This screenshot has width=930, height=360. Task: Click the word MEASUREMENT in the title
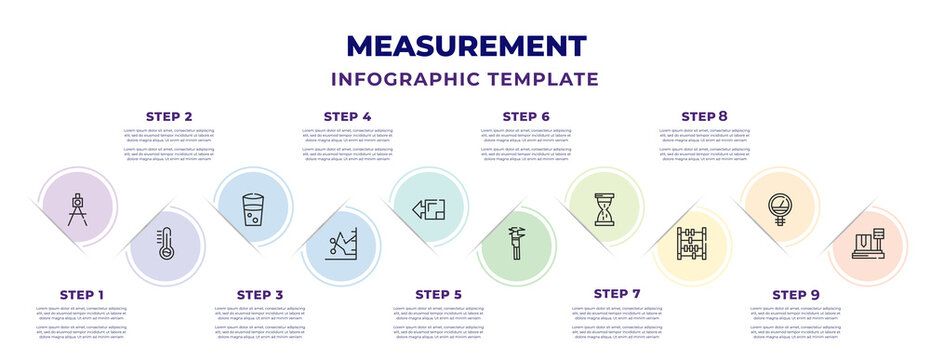coord(465,46)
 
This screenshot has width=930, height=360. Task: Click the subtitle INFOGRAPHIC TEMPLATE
coord(465,79)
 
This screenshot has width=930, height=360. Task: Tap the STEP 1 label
coord(81,295)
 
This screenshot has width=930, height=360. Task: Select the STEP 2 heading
coord(169,117)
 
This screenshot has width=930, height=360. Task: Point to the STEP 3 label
coord(259,295)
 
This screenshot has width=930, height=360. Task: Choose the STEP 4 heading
coord(347,117)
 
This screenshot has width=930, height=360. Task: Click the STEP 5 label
coord(438,295)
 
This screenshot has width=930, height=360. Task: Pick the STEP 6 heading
coord(526,117)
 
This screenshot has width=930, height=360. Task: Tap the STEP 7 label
coord(617,294)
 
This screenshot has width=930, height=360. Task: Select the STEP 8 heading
coord(704,117)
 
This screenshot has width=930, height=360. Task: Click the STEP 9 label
coord(796,295)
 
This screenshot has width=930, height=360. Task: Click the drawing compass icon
coord(78,208)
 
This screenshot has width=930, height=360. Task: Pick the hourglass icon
coord(604,210)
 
